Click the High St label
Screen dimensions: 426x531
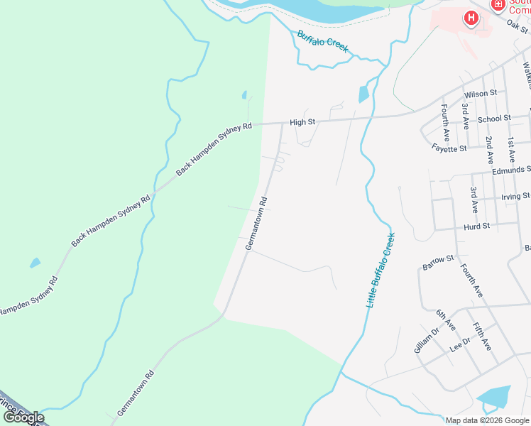302,122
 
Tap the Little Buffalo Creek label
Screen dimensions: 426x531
380,270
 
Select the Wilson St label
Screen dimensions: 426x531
481,93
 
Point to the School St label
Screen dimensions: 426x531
494,119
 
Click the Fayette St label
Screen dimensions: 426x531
449,148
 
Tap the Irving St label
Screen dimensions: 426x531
515,196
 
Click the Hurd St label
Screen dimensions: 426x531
476,226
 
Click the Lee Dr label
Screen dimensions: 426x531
460,346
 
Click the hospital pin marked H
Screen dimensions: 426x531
470,18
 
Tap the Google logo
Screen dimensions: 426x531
23,417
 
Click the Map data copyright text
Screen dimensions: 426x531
488,420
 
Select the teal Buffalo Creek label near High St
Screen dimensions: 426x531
323,41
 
